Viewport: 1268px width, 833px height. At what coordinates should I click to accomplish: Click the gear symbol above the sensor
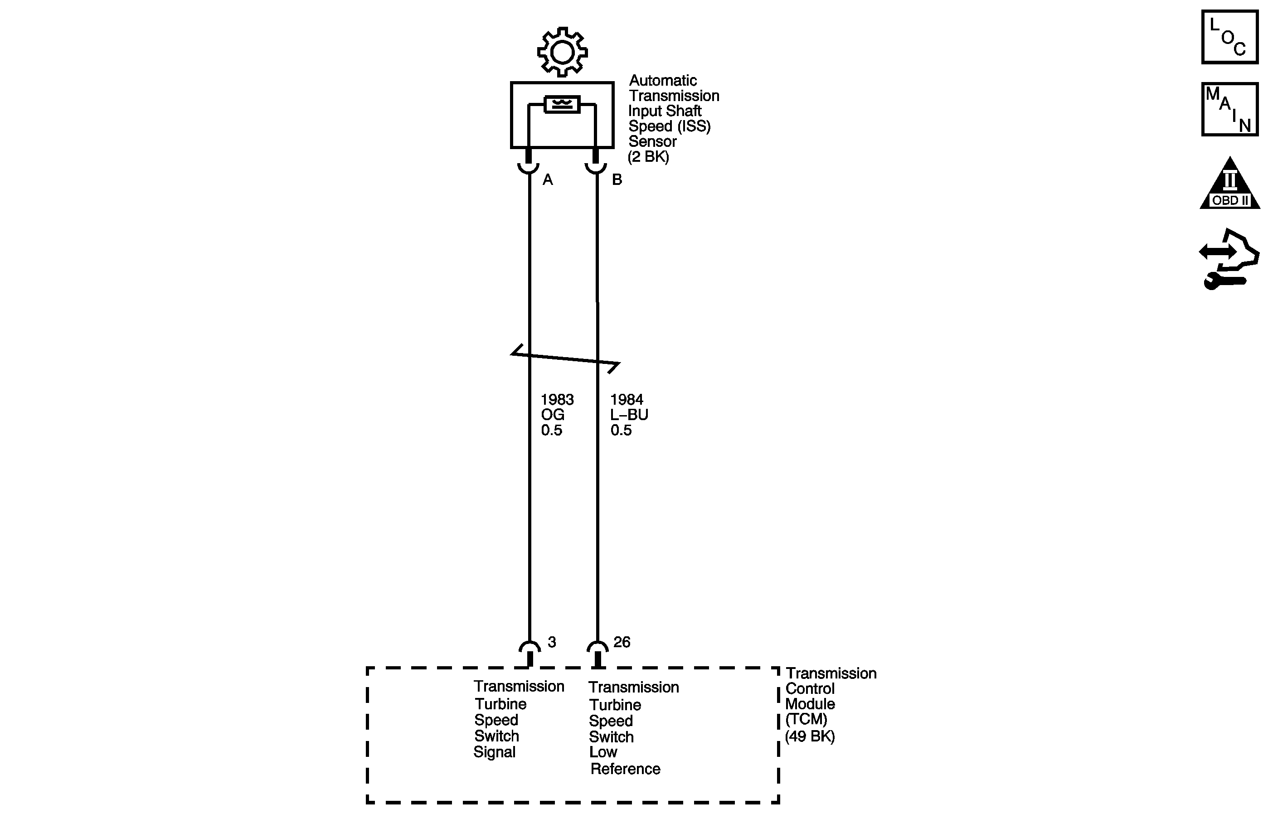[x=562, y=52]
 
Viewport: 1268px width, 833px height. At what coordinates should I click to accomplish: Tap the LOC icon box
[x=1229, y=37]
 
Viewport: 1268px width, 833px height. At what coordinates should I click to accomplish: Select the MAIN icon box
[x=1229, y=109]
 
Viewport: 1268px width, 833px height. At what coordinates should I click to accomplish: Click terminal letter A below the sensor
[x=548, y=180]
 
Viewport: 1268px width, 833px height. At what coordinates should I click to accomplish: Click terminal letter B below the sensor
[x=617, y=180]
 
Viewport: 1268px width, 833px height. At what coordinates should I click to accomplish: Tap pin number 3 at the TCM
[x=552, y=642]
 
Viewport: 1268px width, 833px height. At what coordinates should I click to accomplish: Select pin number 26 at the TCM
[x=622, y=642]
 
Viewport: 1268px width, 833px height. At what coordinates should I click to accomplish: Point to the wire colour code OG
[x=553, y=415]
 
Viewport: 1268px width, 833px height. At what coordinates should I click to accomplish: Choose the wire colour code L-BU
[x=629, y=415]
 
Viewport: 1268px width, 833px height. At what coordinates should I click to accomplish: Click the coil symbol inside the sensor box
[x=562, y=104]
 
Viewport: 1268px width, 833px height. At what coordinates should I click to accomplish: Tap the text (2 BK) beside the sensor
[x=648, y=157]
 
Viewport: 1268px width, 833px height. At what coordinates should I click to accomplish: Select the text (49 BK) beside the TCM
[x=810, y=736]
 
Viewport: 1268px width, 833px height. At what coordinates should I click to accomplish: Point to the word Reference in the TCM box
[x=626, y=769]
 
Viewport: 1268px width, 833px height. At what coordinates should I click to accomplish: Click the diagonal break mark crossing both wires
[x=565, y=358]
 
